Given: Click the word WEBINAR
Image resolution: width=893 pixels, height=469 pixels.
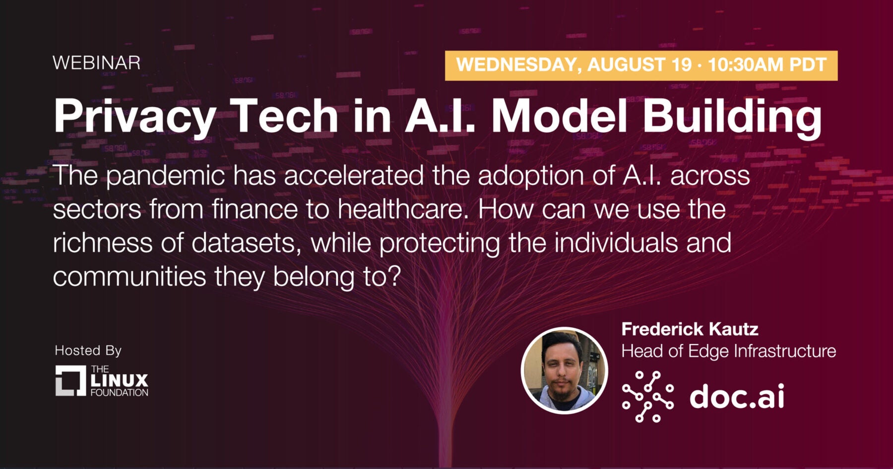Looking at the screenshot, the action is pyautogui.click(x=97, y=63).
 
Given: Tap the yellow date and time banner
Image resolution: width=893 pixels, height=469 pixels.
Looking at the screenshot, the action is pyautogui.click(x=641, y=66).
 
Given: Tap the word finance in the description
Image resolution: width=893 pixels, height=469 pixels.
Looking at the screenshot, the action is pyautogui.click(x=255, y=209).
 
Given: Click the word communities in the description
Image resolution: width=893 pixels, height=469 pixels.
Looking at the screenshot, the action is pyautogui.click(x=129, y=276).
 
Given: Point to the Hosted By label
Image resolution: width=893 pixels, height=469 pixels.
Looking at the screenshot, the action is pyautogui.click(x=88, y=350).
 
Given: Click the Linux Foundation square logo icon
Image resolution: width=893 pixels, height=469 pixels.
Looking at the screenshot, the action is pyautogui.click(x=71, y=381).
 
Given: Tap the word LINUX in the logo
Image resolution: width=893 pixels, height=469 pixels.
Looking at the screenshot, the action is pyautogui.click(x=120, y=381).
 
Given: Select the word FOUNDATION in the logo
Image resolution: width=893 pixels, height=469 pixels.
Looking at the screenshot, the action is pyautogui.click(x=120, y=393).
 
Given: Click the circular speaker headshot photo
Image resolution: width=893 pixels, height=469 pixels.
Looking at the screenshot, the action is pyautogui.click(x=565, y=370).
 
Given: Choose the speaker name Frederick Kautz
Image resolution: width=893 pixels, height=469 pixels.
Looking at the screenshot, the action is pyautogui.click(x=690, y=329).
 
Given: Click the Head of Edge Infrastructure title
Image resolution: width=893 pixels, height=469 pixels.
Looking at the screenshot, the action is pyautogui.click(x=729, y=351).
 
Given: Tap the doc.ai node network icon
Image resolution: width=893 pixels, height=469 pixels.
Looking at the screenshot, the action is pyautogui.click(x=648, y=397).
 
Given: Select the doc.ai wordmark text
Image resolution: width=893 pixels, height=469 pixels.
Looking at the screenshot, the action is pyautogui.click(x=737, y=396).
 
